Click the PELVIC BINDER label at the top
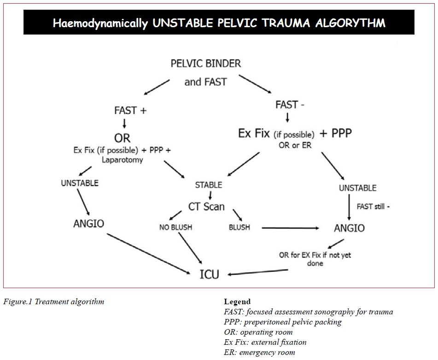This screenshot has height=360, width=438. click(205, 63)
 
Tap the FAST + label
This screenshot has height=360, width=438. click(130, 111)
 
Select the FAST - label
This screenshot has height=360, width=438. click(290, 105)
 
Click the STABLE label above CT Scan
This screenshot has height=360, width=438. click(209, 185)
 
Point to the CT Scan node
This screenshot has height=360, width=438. click(206, 206)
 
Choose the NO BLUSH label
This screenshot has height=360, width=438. click(175, 227)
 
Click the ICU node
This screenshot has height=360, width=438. click(209, 274)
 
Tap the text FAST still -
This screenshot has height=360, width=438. click(373, 207)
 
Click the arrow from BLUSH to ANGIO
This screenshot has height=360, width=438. click(291, 228)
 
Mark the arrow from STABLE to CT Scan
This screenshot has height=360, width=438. click(210, 195)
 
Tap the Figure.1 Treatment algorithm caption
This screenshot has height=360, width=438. click(53, 302)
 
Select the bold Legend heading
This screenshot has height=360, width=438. click(237, 302)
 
